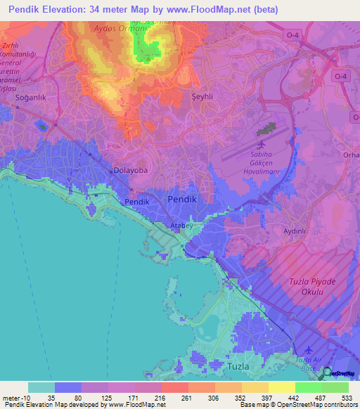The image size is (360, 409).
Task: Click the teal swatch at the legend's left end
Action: pyautogui.click(x=41, y=387)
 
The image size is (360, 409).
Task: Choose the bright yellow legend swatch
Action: pyautogui.click(x=281, y=387)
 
